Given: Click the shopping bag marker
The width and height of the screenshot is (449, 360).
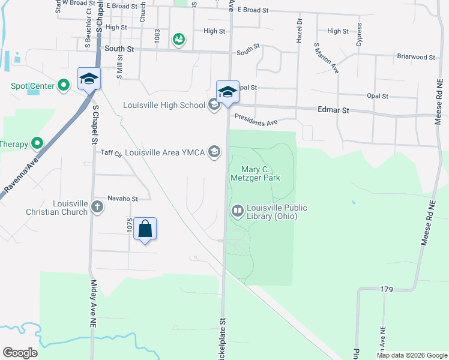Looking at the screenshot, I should click(145, 229).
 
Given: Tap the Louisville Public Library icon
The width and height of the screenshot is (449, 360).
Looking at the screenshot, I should click(238, 211).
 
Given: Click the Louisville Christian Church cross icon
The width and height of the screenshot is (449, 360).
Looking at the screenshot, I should click(97, 207).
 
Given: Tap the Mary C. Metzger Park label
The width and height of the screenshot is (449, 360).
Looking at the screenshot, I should click(256, 173).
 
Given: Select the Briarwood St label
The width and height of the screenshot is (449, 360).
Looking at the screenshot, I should click(415, 57).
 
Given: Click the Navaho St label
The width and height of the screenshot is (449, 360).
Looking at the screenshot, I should click(122, 199).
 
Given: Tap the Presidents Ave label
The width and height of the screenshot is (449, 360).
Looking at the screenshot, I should click(256, 120).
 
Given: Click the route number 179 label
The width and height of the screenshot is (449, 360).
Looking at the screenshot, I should click(386, 290).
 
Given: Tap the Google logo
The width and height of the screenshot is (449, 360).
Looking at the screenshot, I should click(20, 353).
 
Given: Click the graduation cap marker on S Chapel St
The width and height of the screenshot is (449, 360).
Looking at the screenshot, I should click(89, 79).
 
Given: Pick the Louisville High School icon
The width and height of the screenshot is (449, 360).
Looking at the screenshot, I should click(214, 106).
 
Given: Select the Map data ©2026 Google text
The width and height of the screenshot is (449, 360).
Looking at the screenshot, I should click(411, 355).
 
